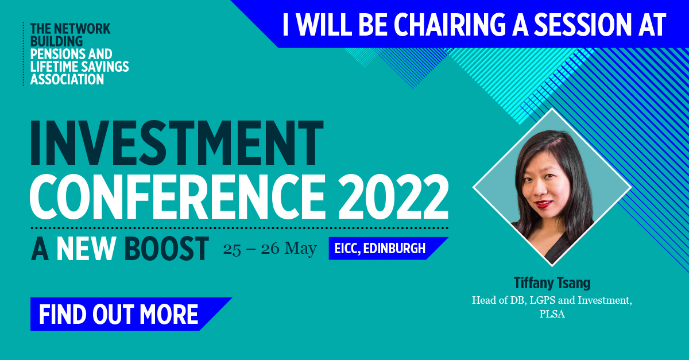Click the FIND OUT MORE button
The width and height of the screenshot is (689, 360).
[x=119, y=314]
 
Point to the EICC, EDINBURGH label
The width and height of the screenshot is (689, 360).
[x=381, y=249]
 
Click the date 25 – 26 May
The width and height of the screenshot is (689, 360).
[x=269, y=249]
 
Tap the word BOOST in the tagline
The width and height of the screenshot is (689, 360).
[x=166, y=249]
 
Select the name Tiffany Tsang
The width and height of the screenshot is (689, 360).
[x=552, y=283]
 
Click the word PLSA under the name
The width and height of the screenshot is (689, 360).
[x=552, y=314]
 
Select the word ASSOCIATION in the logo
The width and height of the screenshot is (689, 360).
[x=67, y=79]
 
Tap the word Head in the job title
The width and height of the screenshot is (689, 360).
[x=483, y=300]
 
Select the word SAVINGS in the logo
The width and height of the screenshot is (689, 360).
[x=103, y=67]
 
